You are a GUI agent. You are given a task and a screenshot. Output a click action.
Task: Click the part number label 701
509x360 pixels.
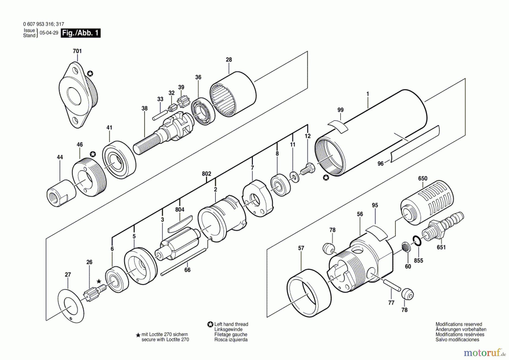pos(77,51)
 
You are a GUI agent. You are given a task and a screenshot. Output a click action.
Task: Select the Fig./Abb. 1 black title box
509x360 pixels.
pos(81,33)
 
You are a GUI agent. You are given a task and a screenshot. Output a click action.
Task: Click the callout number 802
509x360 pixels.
pos(206,174)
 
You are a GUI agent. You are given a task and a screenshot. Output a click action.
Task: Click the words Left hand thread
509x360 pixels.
pos(231,324)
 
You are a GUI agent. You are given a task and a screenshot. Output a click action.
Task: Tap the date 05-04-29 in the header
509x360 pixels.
pos(49,33)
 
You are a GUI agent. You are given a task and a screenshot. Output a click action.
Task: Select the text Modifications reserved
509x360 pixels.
pos(459,324)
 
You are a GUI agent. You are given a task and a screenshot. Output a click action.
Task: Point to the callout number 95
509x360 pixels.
pos(375,205)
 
